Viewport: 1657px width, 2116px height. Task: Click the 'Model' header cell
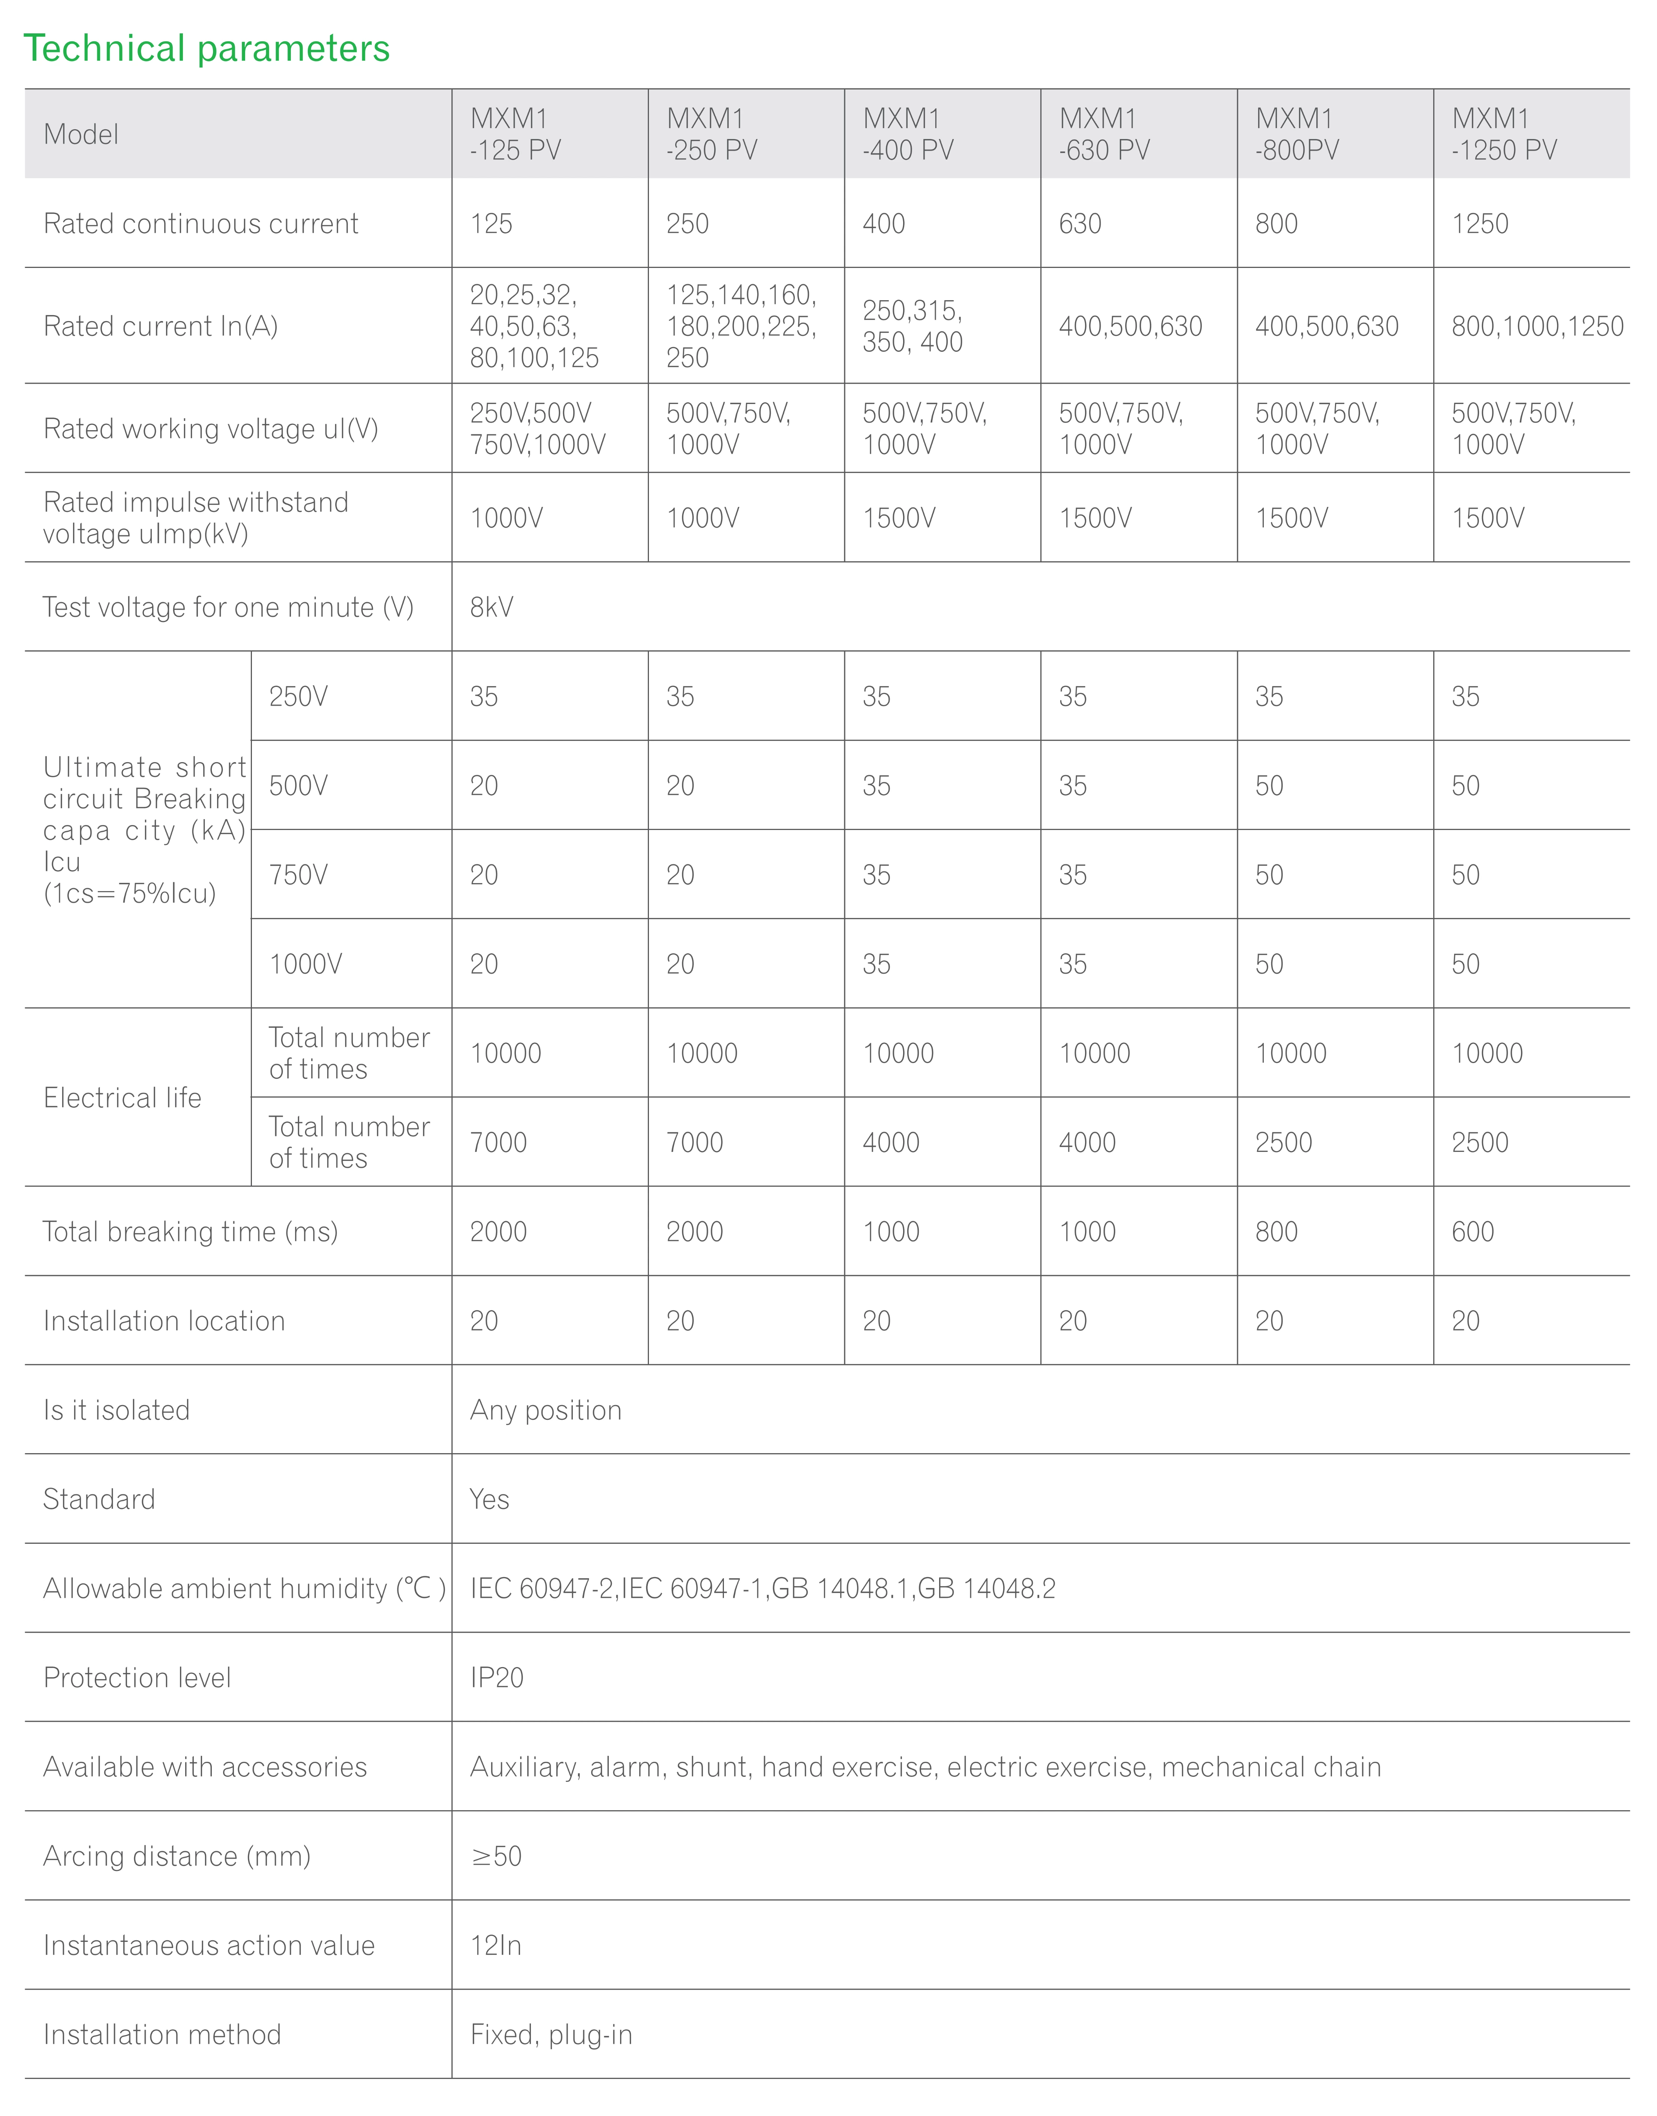81,134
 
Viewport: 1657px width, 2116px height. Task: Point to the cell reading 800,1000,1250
1537,326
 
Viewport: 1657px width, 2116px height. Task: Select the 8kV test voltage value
492,607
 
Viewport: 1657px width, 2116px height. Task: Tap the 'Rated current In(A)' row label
161,326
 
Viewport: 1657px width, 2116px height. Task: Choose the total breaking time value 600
1473,1232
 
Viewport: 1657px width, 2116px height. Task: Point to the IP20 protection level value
497,1678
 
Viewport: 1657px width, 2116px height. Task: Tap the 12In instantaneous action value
496,1946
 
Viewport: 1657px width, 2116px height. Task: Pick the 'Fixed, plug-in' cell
551,2035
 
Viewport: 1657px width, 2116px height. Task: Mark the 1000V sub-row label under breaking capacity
306,964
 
